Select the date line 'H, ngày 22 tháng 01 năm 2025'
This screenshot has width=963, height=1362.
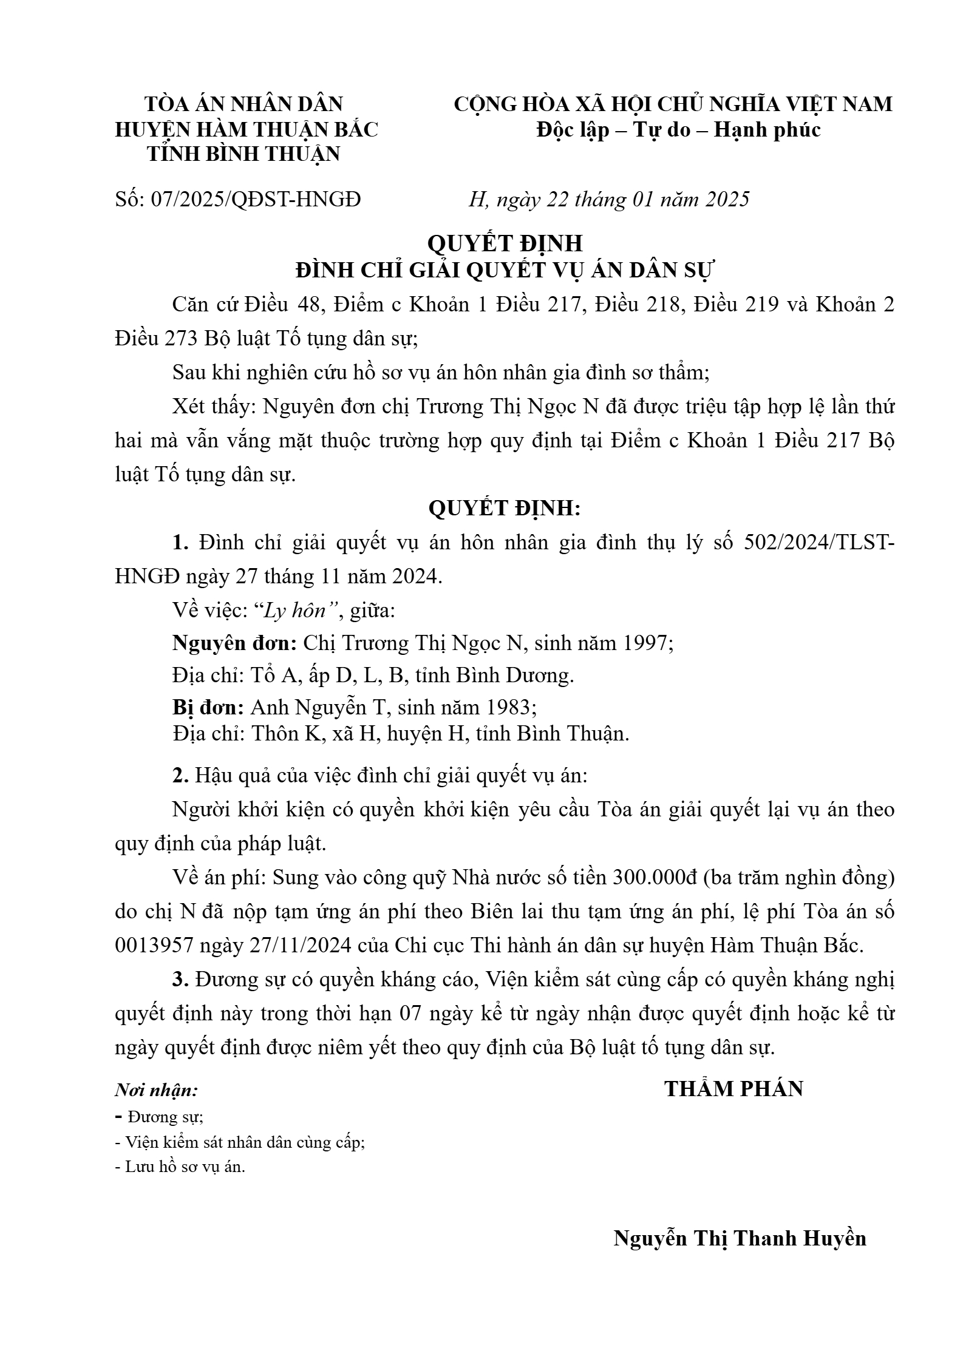coord(609,198)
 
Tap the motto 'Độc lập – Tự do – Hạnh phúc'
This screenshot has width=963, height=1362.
coord(678,129)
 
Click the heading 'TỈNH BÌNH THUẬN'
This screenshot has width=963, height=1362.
coord(243,154)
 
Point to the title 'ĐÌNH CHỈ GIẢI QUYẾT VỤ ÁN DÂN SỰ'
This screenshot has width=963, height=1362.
coord(505,269)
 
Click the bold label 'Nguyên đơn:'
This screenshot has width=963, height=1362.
coord(234,643)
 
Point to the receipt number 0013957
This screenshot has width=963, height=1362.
coord(154,945)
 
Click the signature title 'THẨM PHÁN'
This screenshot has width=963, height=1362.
coord(733,1089)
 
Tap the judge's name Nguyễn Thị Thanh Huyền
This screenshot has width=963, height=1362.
coord(739,1238)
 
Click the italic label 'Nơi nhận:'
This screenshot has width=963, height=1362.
coord(157,1091)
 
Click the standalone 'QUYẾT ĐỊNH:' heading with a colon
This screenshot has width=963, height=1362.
coord(505,509)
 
